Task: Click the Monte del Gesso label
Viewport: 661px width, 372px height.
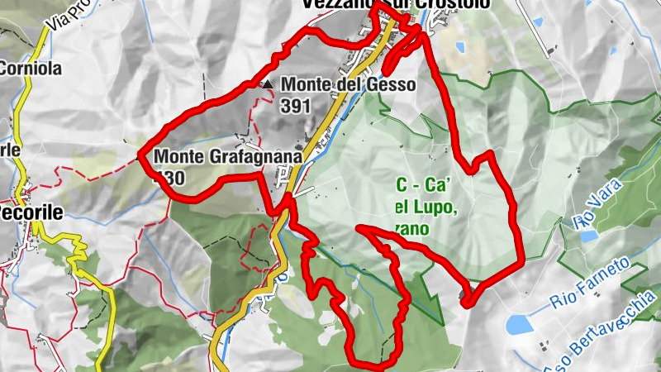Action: click(x=347, y=84)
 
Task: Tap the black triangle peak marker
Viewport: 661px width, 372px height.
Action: click(x=267, y=84)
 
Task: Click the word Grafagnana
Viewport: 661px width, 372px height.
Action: click(x=240, y=155)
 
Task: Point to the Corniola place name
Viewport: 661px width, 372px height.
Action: click(x=27, y=69)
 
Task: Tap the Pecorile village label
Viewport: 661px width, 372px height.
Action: click(x=31, y=212)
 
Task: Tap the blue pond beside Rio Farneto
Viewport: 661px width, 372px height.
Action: click(x=521, y=324)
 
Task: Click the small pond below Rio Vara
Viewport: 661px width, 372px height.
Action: click(x=588, y=236)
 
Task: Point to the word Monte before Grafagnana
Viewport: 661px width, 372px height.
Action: click(x=175, y=155)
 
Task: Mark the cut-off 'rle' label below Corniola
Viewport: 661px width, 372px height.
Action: click(x=9, y=150)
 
